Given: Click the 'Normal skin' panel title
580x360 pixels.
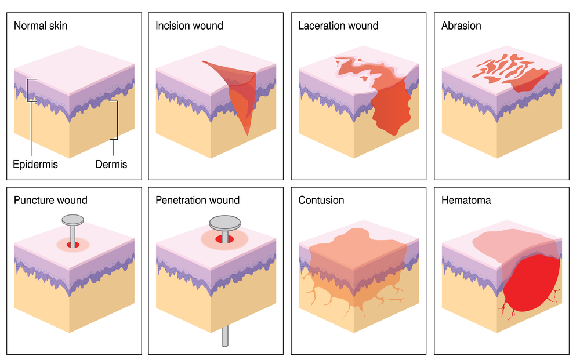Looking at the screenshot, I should [x=41, y=26].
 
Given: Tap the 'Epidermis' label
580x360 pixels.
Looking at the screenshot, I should [x=35, y=164].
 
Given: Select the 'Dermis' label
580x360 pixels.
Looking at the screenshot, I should [x=111, y=164].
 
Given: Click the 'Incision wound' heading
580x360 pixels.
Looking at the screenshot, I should [x=189, y=26].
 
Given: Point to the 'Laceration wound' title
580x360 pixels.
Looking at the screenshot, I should [x=338, y=26].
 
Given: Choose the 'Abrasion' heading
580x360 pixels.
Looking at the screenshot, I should [x=461, y=26].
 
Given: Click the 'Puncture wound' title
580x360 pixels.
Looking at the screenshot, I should [x=50, y=201].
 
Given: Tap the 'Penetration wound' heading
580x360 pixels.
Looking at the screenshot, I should [x=197, y=201].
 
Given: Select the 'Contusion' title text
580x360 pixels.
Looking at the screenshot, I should [x=321, y=201].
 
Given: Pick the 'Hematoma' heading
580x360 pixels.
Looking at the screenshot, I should [x=466, y=201].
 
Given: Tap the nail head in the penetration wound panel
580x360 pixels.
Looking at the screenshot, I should [x=224, y=222].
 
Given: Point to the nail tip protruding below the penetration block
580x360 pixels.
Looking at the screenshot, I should [x=224, y=336].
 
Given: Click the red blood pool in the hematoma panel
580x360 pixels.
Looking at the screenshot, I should [x=531, y=284].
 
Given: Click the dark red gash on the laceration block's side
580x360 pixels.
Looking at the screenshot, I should [x=390, y=107].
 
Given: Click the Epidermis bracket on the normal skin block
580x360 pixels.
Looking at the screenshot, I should [x=29, y=90].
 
